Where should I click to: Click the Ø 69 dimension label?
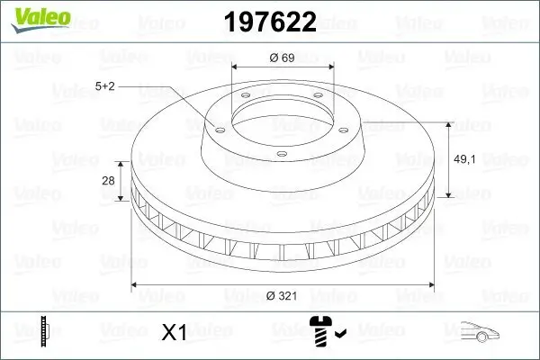(x=283, y=58)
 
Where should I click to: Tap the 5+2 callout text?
(x=105, y=87)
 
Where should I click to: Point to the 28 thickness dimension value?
(x=109, y=181)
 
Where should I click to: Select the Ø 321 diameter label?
(x=283, y=296)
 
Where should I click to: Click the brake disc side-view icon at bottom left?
(x=43, y=331)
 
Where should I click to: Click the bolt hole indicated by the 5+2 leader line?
(x=217, y=127)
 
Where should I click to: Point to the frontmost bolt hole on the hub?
(x=282, y=155)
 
